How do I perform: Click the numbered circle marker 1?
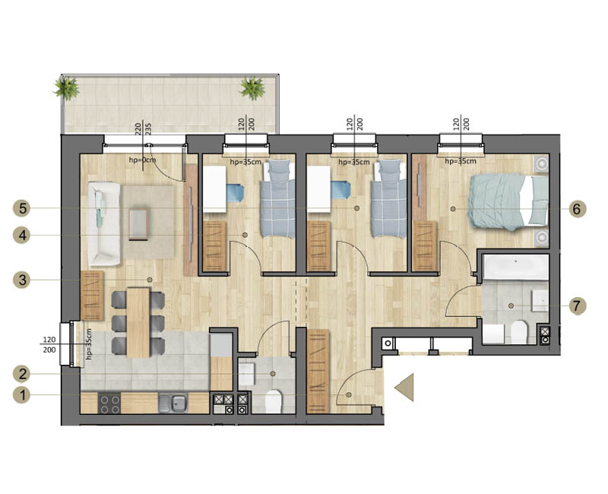(22, 395)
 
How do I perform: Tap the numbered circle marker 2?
(22, 374)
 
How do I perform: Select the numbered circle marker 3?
(22, 280)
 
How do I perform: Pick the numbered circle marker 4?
(22, 235)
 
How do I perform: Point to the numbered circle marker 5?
(22, 208)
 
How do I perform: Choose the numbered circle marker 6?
(577, 209)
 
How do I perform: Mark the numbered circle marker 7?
(577, 306)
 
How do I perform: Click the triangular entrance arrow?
(404, 387)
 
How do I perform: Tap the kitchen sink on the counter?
(174, 403)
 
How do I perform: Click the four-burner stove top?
(109, 404)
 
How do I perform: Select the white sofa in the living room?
(104, 224)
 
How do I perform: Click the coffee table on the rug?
(138, 224)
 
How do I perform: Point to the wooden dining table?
(138, 322)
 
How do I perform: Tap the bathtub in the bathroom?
(516, 267)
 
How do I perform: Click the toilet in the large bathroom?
(519, 332)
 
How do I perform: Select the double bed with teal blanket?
(508, 201)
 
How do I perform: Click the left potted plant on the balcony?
(67, 88)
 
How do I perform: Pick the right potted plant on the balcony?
(253, 88)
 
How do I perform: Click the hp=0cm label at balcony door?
(143, 160)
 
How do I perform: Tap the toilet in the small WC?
(273, 401)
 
